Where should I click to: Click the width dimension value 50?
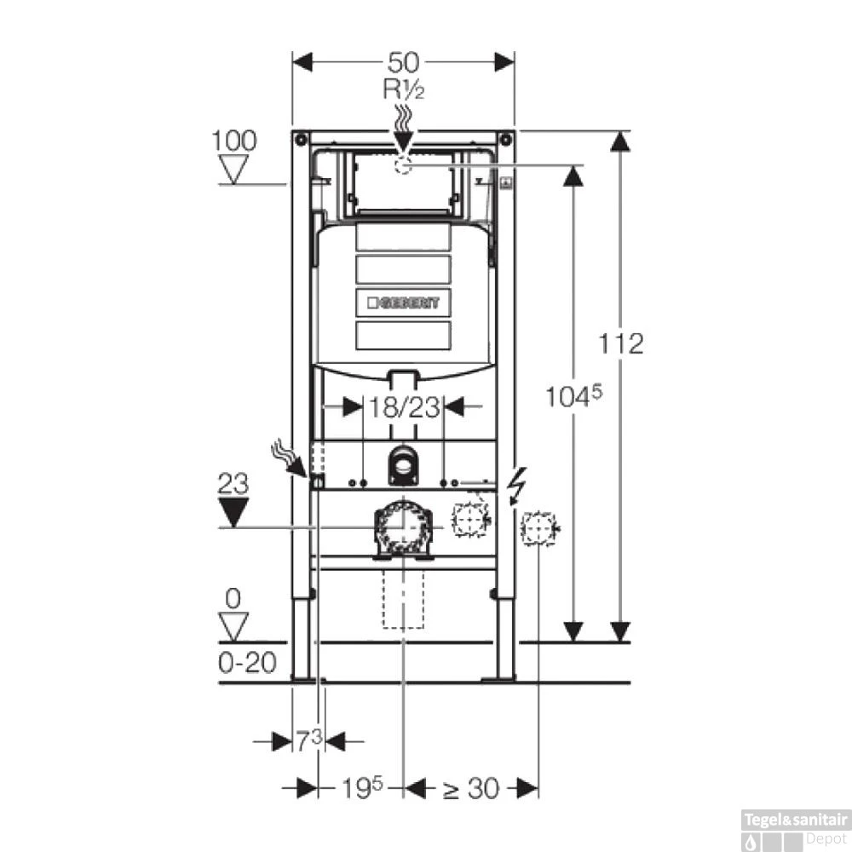[404, 62]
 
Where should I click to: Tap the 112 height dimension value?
[620, 344]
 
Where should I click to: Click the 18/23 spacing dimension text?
[405, 407]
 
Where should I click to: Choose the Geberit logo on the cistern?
[404, 302]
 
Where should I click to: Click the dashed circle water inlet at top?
[404, 164]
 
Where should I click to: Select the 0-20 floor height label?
[247, 663]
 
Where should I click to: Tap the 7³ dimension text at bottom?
[309, 741]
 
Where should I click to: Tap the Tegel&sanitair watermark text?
[796, 819]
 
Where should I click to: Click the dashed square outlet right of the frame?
[537, 529]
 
